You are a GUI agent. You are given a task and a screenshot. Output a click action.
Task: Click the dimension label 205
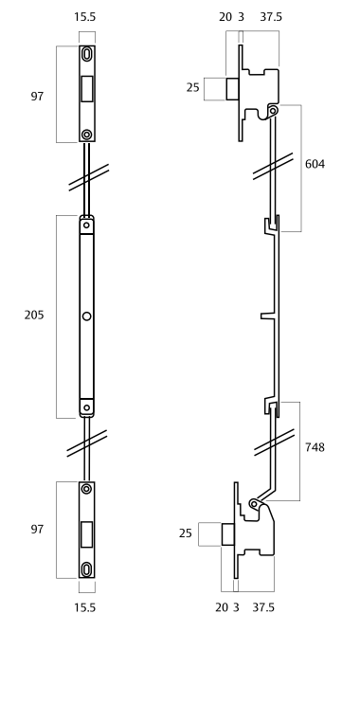[x=34, y=316]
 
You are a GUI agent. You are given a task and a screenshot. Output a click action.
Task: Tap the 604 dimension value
[x=315, y=164]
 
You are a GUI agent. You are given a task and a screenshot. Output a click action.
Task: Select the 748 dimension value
[x=315, y=447]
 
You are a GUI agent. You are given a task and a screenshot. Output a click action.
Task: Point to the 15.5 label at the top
[x=85, y=17]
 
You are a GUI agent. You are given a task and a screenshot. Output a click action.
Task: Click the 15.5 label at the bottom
[x=85, y=607]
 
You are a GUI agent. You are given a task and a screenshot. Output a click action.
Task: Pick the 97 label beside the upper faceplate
[x=37, y=96]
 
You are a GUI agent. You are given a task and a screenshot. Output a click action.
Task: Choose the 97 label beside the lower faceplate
[x=37, y=530]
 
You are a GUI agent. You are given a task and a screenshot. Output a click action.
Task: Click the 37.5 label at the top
[x=271, y=17]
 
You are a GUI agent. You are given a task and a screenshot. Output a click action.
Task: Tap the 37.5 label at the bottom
[x=263, y=607]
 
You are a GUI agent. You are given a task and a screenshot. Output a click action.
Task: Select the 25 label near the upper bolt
[x=192, y=87]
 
